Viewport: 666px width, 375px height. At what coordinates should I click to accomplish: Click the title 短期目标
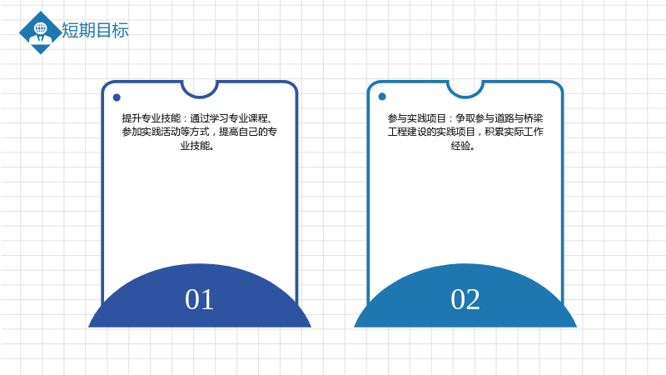(95, 31)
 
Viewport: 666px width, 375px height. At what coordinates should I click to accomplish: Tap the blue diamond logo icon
(40, 32)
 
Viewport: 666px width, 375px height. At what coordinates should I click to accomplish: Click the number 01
(199, 299)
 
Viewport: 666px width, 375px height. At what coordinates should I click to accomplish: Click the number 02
(465, 299)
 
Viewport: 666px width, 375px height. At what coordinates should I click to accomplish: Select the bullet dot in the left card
(117, 97)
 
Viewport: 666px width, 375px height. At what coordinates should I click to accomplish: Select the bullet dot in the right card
(382, 97)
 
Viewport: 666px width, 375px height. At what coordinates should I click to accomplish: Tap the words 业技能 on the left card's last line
(196, 146)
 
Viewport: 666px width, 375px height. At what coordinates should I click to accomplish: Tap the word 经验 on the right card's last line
(461, 146)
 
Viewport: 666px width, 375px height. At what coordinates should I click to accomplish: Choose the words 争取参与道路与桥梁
(499, 118)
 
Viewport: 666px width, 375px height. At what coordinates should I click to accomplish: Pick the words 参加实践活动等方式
(166, 132)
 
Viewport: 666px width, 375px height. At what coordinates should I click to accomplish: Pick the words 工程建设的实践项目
(431, 132)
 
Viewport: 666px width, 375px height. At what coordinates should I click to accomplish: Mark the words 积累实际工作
(514, 132)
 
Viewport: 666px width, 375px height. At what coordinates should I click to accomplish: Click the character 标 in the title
(121, 31)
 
